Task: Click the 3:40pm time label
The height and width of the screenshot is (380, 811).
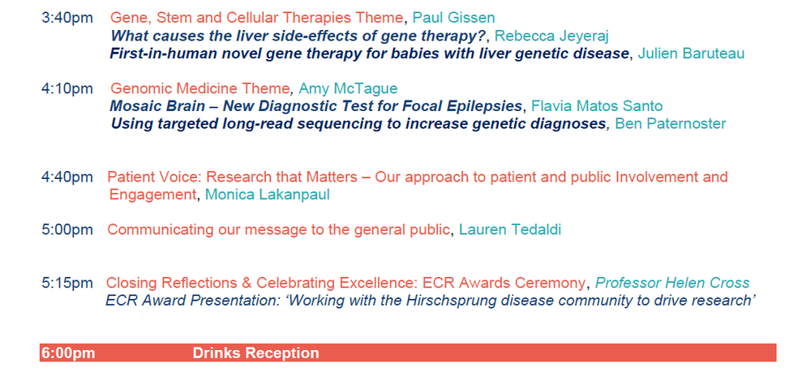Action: pyautogui.click(x=67, y=18)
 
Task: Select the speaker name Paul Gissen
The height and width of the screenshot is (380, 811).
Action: pyautogui.click(x=453, y=18)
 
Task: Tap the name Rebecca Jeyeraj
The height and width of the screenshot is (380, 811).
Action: pyautogui.click(x=551, y=36)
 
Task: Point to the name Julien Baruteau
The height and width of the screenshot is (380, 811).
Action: pyautogui.click(x=691, y=53)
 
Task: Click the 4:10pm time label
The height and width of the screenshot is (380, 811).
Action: pyautogui.click(x=67, y=89)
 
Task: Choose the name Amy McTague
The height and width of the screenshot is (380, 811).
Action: pyautogui.click(x=348, y=89)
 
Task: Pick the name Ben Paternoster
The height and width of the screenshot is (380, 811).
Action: pyautogui.click(x=671, y=124)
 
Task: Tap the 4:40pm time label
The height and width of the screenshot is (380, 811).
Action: pyautogui.click(x=67, y=177)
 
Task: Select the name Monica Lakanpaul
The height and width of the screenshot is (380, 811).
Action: pyautogui.click(x=268, y=195)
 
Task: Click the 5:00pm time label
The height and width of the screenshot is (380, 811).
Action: pyautogui.click(x=67, y=230)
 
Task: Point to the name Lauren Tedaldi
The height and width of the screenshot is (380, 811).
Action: pyautogui.click(x=510, y=230)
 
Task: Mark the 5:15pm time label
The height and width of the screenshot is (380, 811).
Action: pyautogui.click(x=67, y=284)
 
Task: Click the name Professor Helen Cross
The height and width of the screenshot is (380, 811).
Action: pyautogui.click(x=672, y=284)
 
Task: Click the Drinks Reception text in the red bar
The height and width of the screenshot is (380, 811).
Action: pyautogui.click(x=256, y=353)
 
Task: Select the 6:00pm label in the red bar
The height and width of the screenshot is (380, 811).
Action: pyautogui.click(x=68, y=353)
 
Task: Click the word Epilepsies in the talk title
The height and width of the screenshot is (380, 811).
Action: pyautogui.click(x=490, y=106)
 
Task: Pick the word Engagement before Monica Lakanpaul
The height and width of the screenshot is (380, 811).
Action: pyautogui.click(x=153, y=195)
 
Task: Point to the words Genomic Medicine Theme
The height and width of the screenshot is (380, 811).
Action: pyautogui.click(x=200, y=89)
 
